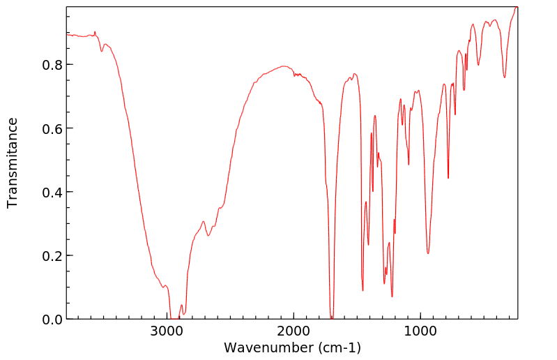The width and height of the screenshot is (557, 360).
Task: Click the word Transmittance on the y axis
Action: [13, 163]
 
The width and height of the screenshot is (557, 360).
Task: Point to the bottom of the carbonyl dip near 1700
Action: [332, 317]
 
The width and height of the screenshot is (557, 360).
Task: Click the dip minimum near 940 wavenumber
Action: [428, 253]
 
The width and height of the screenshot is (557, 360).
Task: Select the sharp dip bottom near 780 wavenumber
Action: [448, 178]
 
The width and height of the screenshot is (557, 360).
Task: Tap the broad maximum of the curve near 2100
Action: [283, 66]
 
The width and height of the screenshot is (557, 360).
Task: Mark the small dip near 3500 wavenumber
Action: [102, 51]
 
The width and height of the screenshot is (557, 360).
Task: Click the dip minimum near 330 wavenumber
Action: [505, 77]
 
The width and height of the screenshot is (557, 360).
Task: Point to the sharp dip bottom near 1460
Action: [363, 290]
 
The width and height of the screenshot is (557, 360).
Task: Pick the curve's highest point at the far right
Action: [517, 7]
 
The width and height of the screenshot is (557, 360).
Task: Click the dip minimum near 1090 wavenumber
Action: [409, 165]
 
